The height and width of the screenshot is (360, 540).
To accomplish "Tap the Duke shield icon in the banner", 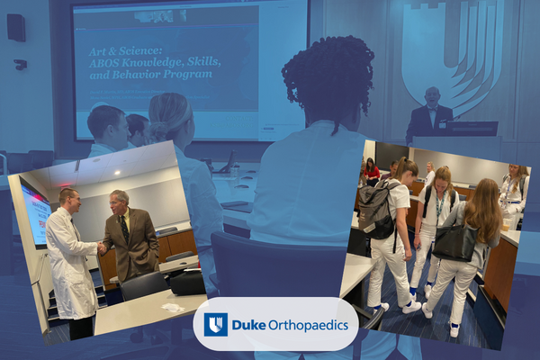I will (215, 325).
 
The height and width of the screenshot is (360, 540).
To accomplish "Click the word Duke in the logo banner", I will (247, 325).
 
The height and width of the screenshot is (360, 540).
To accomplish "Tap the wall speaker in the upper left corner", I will (16, 27).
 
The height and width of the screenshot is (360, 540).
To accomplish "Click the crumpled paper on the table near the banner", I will (172, 309).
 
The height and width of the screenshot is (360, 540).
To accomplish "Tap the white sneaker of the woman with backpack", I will (410, 307).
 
